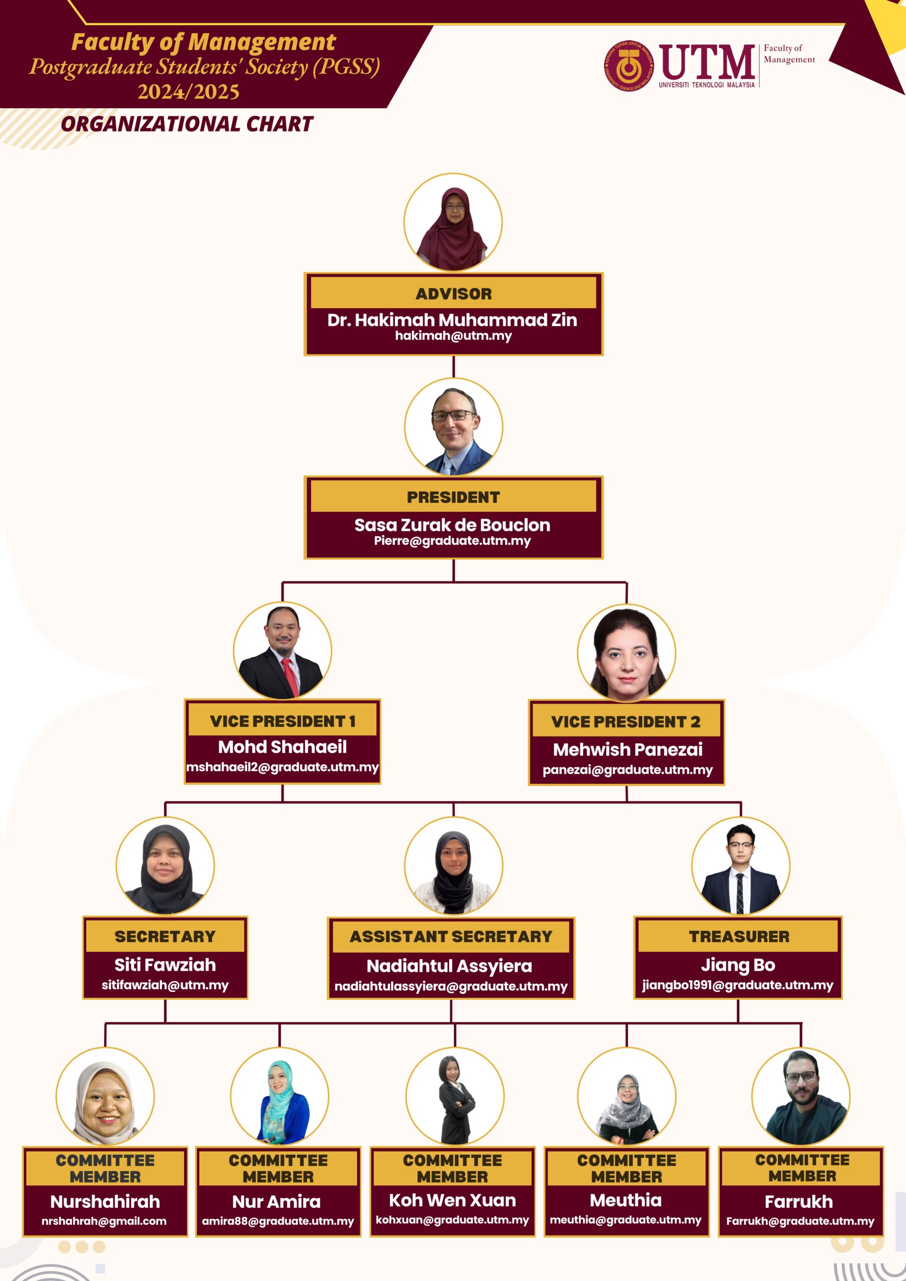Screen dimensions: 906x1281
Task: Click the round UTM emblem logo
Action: point(628,66)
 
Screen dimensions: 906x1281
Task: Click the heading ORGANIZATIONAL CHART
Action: point(187,124)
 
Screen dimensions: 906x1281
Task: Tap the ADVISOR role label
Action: point(454,294)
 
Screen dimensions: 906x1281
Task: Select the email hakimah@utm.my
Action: point(454,336)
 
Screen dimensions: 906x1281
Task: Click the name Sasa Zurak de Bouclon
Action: point(452,525)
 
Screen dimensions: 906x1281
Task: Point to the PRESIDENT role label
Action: point(454,497)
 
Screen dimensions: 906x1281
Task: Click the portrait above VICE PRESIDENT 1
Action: point(282,650)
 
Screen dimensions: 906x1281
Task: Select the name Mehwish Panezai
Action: point(628,749)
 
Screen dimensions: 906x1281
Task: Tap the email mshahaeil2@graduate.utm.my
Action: point(282,767)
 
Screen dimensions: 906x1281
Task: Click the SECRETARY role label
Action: point(165,936)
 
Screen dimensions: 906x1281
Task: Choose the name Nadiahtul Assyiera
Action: point(449,966)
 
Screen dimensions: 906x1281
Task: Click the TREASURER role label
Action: point(739,936)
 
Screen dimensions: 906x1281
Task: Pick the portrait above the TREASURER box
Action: point(741,865)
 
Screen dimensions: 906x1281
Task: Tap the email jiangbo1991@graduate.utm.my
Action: point(737,985)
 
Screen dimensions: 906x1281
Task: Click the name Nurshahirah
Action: point(105,1201)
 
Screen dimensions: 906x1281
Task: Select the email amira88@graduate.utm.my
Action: point(278,1221)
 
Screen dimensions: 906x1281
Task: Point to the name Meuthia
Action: point(626,1200)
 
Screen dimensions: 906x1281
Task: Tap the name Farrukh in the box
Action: point(799,1201)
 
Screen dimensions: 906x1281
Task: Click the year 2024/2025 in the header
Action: point(189,92)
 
